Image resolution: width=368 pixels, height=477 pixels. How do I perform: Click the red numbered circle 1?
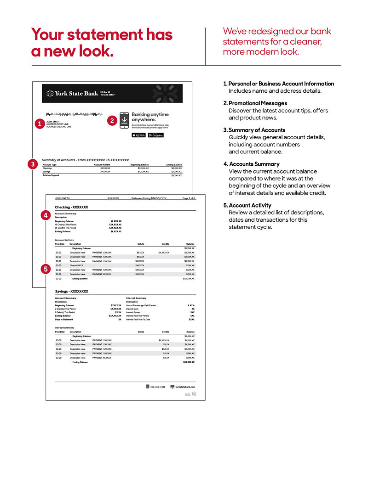(x=40, y=123)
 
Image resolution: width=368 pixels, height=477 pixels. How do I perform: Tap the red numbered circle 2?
(x=112, y=121)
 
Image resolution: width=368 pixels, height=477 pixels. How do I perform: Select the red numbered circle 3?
(x=33, y=164)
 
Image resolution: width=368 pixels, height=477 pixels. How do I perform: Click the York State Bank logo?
(x=73, y=93)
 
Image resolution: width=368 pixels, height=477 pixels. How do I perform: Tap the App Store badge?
(x=138, y=135)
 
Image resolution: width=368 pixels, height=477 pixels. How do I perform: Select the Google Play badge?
(x=155, y=135)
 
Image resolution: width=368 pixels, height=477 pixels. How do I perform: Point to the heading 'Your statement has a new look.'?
(x=102, y=42)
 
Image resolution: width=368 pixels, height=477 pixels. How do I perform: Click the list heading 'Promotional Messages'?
(x=258, y=103)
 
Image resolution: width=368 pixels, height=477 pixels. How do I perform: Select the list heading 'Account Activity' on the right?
(x=250, y=205)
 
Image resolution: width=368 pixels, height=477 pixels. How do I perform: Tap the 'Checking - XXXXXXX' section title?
(x=71, y=207)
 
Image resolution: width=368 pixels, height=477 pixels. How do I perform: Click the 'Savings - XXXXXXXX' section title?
(x=71, y=292)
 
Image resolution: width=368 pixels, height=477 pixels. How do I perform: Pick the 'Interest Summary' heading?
(x=136, y=298)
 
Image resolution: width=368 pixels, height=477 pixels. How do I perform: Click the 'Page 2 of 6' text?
(x=189, y=198)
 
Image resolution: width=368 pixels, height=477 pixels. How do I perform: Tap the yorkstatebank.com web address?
(x=185, y=387)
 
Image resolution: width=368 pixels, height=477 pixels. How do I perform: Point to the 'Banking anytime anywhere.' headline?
(x=150, y=117)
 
